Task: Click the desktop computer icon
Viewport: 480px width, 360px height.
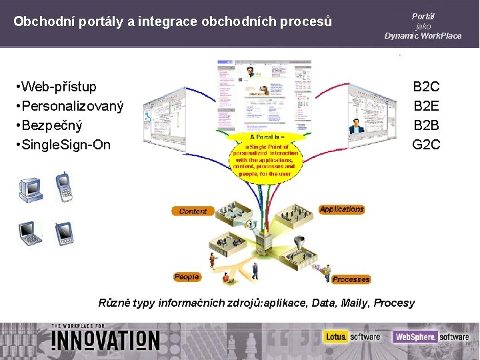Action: (30, 189)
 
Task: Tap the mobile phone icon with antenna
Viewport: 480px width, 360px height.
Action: (63, 187)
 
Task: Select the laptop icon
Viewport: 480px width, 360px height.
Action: (30, 233)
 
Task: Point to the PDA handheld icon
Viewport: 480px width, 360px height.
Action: (63, 233)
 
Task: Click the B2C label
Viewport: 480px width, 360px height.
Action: (427, 87)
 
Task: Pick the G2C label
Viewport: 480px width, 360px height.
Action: (427, 145)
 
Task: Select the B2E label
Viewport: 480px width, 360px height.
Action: (427, 106)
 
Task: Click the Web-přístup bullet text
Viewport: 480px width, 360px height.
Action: (59, 87)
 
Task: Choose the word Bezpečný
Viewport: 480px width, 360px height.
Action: (52, 125)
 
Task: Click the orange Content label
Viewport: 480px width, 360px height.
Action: (193, 211)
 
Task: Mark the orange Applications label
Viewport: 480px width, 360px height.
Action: (341, 209)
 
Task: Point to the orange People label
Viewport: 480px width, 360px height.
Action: (187, 277)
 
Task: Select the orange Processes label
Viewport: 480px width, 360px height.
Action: (351, 279)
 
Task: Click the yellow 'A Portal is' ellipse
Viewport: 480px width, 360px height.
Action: (265, 157)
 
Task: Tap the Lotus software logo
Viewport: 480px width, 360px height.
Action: (352, 337)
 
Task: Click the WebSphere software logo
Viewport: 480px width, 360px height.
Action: (431, 337)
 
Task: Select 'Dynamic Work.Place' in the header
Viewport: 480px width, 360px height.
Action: (423, 36)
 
